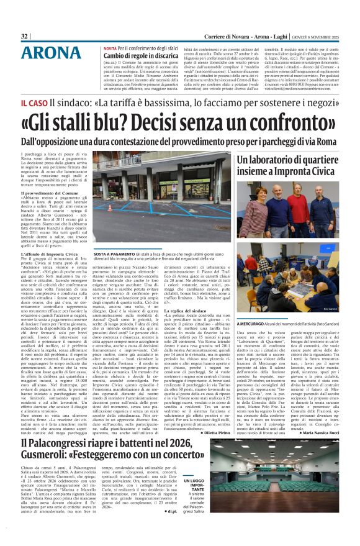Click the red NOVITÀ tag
tap(110, 48)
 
